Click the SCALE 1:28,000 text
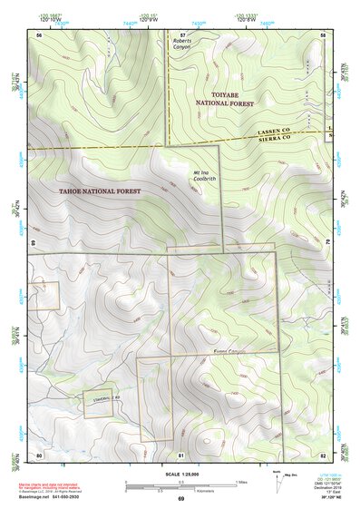180,474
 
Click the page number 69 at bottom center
180,499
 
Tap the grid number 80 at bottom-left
40,454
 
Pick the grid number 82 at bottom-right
323,454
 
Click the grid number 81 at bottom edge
181,454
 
